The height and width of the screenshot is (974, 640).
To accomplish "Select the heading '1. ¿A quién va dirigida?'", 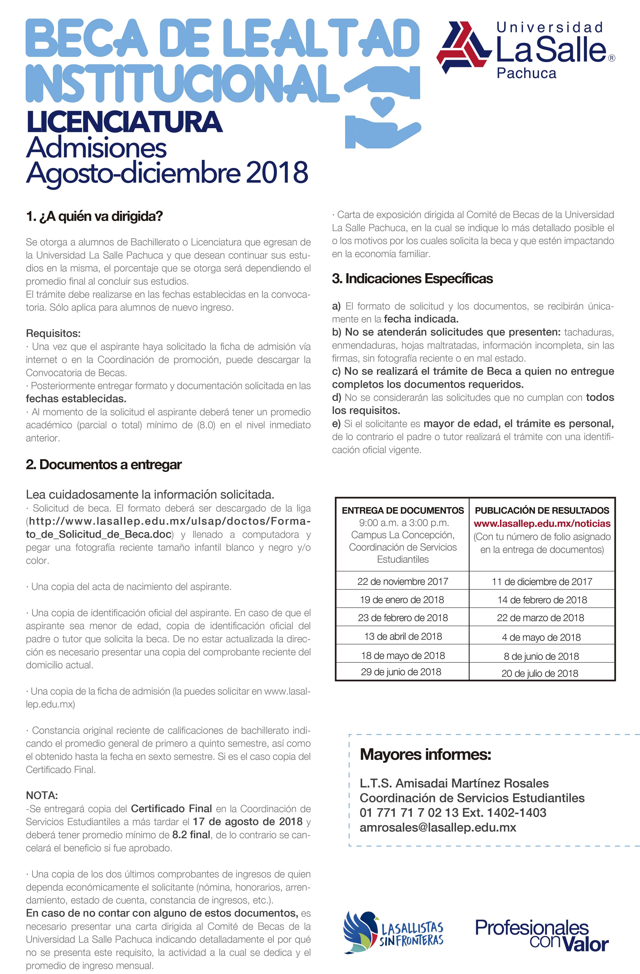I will coord(94,216).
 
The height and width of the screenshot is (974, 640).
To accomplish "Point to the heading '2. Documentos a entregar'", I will coord(103,464).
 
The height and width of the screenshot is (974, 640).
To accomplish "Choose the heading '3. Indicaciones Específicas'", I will coord(412,279).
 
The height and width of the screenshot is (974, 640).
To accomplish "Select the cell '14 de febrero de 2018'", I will coord(542,600).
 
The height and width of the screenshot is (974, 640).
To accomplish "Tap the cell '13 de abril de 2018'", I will coord(403,636).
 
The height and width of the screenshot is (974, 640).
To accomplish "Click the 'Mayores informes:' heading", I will coord(425,754).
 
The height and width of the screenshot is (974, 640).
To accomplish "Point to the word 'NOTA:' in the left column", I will coord(42,796).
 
